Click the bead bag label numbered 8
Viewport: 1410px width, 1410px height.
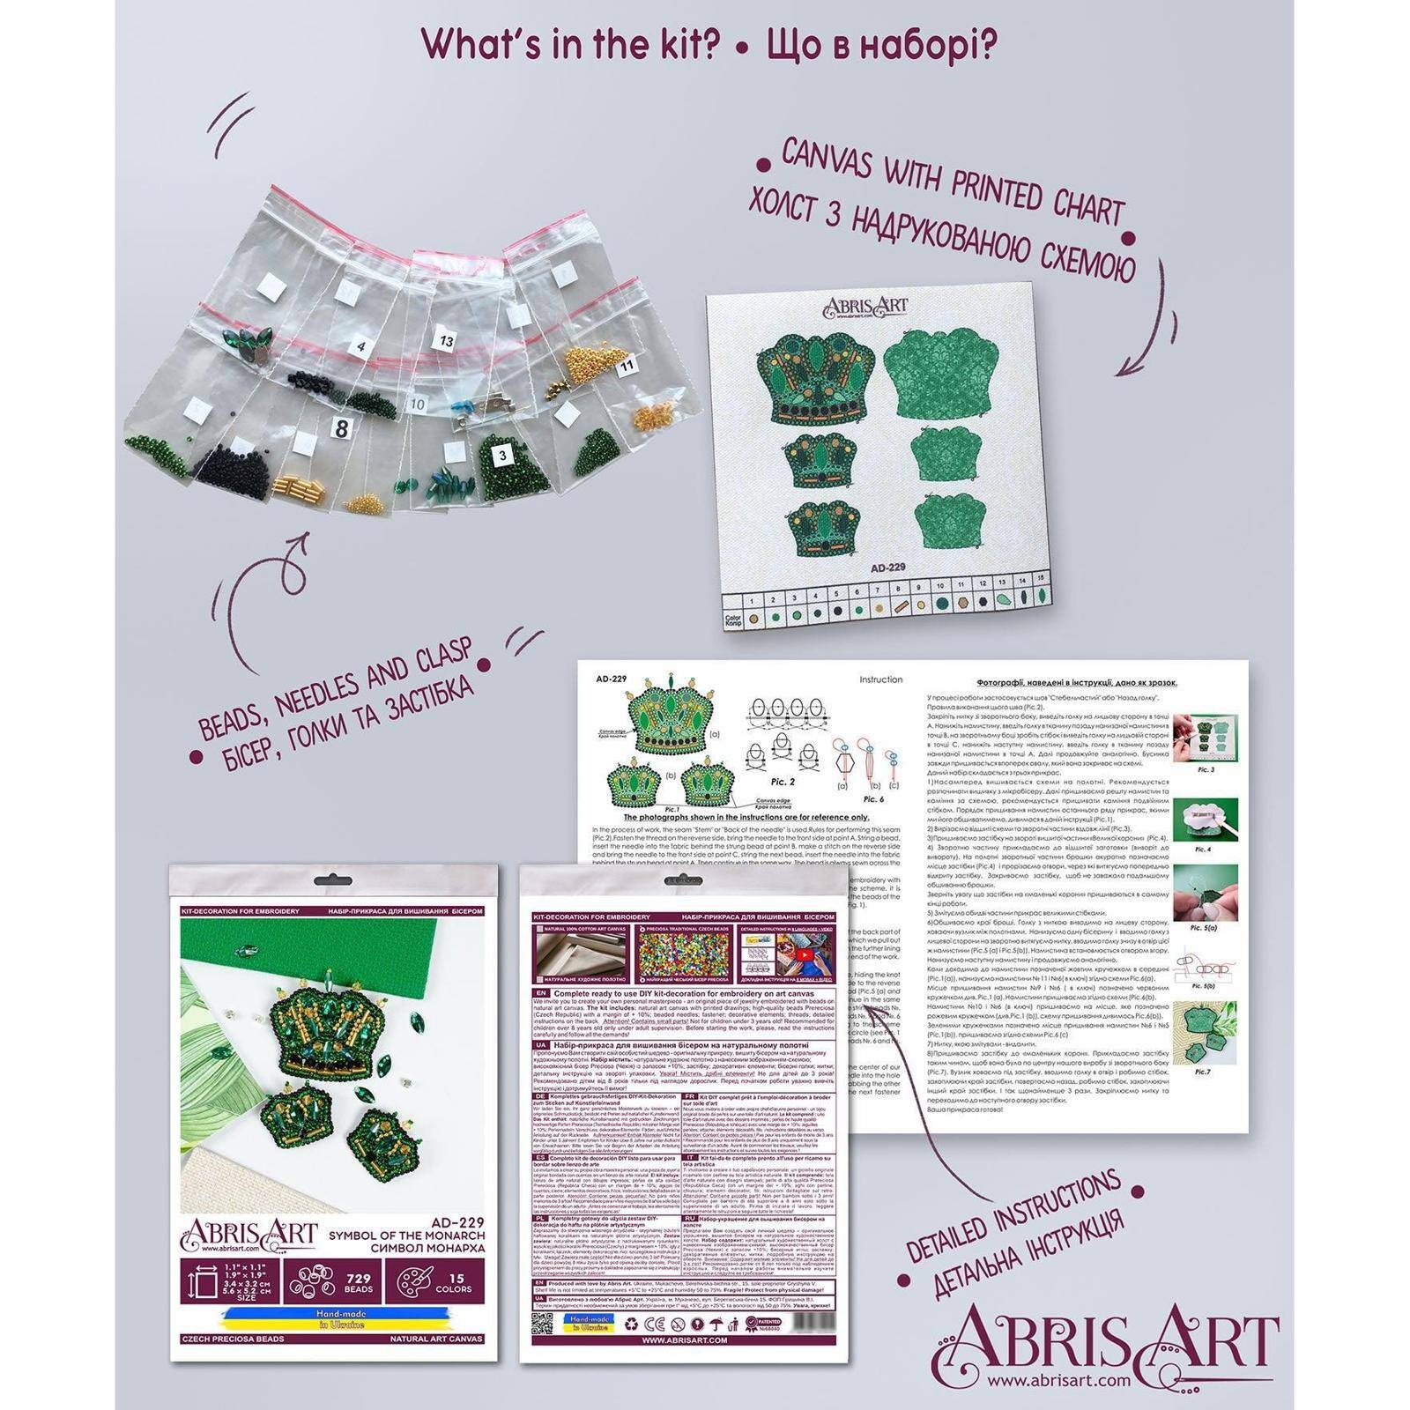coord(338,428)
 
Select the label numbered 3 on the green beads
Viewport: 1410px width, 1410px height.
coord(501,456)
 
